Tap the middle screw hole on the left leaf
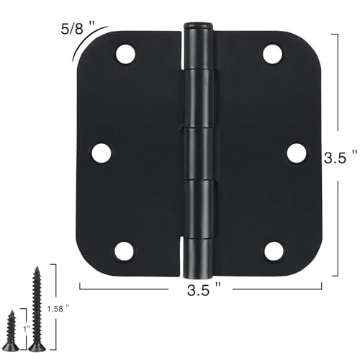coord(102,152)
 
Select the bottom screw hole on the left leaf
coord(125,251)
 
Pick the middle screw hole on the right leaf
coord(296,152)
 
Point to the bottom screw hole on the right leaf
coord(273,251)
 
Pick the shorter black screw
coord(13,331)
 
